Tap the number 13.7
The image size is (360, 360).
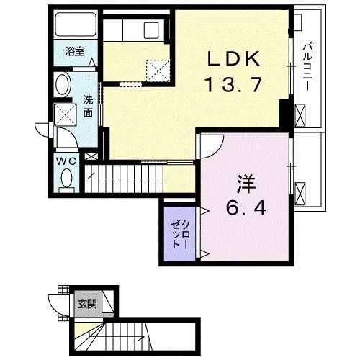point(230,86)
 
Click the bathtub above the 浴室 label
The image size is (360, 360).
point(74,28)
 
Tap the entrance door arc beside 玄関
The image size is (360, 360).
point(58,302)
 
